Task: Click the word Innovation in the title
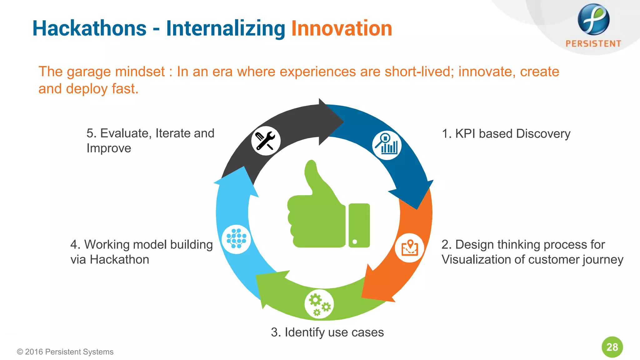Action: click(341, 28)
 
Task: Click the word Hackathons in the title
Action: click(89, 28)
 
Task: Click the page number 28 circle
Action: click(612, 347)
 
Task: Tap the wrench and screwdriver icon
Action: click(266, 141)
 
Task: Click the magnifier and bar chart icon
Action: click(387, 145)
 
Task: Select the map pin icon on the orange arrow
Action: click(409, 248)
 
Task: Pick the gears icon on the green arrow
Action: click(319, 304)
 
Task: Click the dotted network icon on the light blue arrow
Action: click(236, 239)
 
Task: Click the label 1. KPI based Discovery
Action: click(506, 133)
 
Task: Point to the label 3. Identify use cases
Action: click(327, 332)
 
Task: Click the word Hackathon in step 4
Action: click(119, 259)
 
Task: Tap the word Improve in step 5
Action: click(109, 148)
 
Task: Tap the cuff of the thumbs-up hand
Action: click(359, 225)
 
